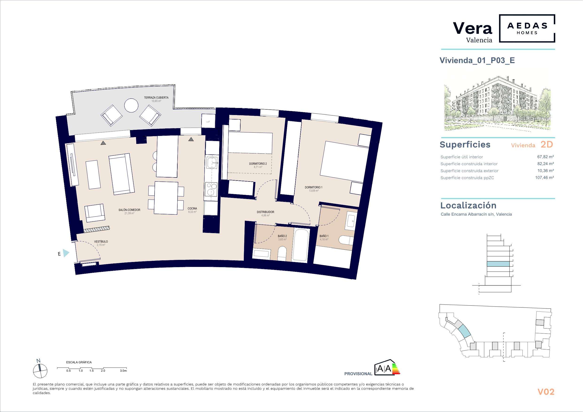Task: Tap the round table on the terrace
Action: [131, 105]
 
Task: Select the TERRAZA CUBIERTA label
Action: [156, 97]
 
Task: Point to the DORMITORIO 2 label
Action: [258, 164]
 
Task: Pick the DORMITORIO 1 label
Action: [314, 187]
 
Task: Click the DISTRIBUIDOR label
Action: [265, 212]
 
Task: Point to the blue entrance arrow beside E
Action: [66, 253]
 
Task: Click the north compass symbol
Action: [40, 371]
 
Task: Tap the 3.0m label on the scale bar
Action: [123, 371]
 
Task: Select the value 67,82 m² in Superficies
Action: [544, 157]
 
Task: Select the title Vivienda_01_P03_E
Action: [477, 60]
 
